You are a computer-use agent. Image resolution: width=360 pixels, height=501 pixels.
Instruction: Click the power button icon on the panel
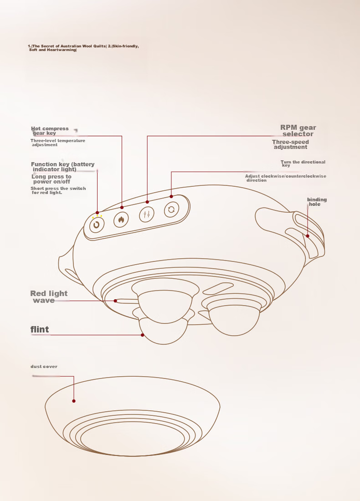pyautogui.click(x=97, y=225)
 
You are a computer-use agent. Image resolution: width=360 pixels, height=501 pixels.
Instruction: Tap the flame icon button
pyautogui.click(x=121, y=220)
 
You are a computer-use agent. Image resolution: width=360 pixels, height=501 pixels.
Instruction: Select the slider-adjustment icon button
pyautogui.click(x=147, y=214)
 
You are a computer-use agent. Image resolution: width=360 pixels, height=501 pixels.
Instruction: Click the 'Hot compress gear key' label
pyautogui.click(x=50, y=131)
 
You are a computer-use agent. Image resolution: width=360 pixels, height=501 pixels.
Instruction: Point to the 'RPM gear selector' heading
pyautogui.click(x=298, y=131)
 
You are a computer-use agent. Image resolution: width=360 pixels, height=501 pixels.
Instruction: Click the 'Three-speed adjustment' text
pyautogui.click(x=290, y=144)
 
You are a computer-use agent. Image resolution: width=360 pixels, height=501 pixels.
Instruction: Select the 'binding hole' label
pyautogui.click(x=317, y=202)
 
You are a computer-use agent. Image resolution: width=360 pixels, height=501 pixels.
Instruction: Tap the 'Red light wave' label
pyautogui.click(x=49, y=297)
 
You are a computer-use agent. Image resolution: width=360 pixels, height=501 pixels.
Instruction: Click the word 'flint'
pyautogui.click(x=40, y=329)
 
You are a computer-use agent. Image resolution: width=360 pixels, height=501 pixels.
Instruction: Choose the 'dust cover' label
pyautogui.click(x=44, y=367)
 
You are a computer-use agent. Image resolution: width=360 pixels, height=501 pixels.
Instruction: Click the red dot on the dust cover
pyautogui.click(x=74, y=401)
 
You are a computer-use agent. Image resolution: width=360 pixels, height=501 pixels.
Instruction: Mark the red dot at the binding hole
pyautogui.click(x=308, y=236)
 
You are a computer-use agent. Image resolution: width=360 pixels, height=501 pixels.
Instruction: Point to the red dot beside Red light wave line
pyautogui.click(x=115, y=301)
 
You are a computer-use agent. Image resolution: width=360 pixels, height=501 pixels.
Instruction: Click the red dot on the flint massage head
pyautogui.click(x=143, y=335)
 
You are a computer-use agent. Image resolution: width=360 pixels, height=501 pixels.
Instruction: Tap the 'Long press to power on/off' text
pyautogui.click(x=51, y=179)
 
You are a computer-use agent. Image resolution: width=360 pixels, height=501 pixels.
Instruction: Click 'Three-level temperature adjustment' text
pyautogui.click(x=58, y=143)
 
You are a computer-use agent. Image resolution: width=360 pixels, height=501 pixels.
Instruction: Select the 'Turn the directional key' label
pyautogui.click(x=303, y=163)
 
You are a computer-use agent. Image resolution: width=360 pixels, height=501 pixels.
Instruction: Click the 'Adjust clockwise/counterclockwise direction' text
pyautogui.click(x=286, y=178)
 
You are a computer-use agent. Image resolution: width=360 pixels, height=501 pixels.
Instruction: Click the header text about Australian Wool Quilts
pyautogui.click(x=83, y=48)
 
